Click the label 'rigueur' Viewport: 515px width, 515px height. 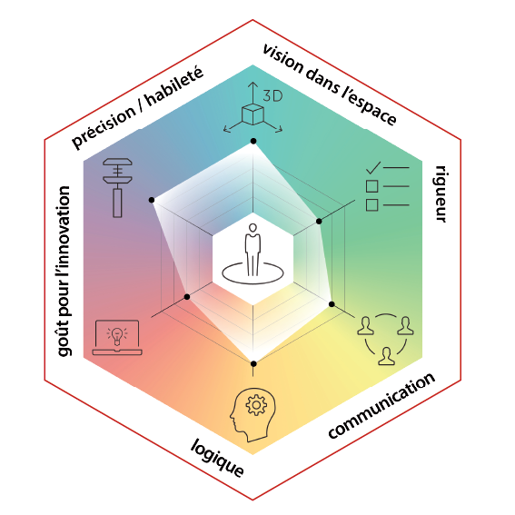tap(441, 193)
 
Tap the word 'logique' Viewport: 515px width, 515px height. tap(217, 458)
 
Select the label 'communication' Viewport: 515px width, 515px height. tap(381, 406)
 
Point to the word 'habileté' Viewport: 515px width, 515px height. tap(174, 86)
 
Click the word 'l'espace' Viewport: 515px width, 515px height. tap(369, 105)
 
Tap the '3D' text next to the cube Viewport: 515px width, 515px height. tap(272, 96)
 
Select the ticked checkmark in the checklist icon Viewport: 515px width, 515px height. tap(373, 168)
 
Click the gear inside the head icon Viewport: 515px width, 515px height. tap(256, 405)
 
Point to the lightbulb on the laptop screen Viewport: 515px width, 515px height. tap(116, 336)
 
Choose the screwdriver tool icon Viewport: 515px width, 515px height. tap(117, 187)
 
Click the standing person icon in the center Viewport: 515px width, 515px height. tap(253, 250)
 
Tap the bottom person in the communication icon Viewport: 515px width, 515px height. tap(387, 356)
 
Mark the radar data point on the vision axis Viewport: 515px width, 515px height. tap(253, 141)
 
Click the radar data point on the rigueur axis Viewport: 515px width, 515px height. tap(319, 222)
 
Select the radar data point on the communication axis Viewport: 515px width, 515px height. tap(332, 304)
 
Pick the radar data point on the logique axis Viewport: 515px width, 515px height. tap(253, 363)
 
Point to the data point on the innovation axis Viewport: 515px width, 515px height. tap(187, 297)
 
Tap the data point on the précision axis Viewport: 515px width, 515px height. tap(152, 200)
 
